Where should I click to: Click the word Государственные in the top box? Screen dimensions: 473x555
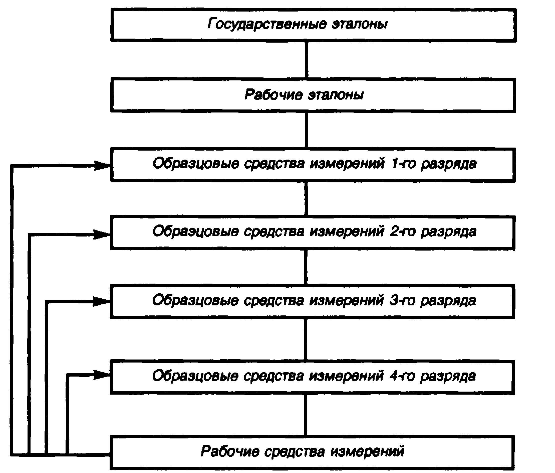(267, 24)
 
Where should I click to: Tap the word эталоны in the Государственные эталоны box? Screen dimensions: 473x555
(360, 24)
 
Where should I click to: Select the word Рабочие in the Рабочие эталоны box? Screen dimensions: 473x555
(273, 95)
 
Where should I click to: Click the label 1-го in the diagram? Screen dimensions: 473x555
(403, 164)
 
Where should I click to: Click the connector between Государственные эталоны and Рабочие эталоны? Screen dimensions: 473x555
(307, 60)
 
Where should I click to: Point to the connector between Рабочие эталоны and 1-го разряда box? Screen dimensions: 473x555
(307, 130)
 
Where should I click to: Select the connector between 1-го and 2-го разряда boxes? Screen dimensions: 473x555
(306, 199)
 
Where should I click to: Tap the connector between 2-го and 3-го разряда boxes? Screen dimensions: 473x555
(306, 267)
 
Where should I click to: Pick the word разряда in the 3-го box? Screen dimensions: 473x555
(448, 301)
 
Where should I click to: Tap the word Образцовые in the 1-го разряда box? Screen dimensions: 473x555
(195, 164)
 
